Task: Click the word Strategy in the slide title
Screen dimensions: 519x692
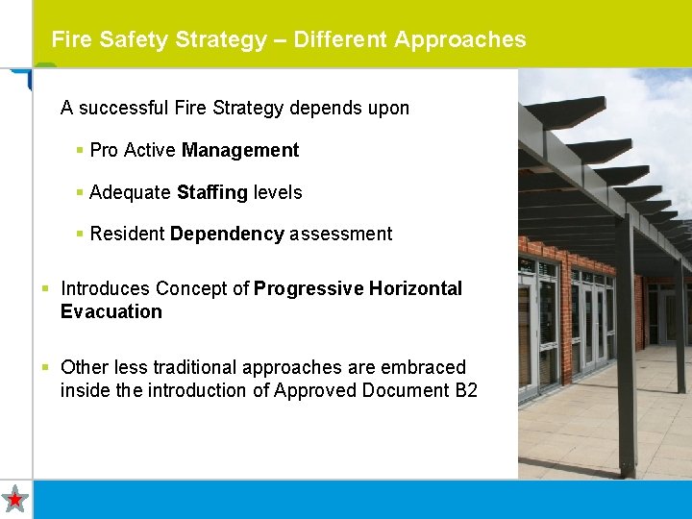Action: tap(223, 39)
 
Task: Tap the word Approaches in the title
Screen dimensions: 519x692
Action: tap(459, 39)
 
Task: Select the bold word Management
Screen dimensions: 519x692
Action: tap(240, 150)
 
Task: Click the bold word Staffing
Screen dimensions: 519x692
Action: tap(212, 192)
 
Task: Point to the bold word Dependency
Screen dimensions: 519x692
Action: tap(227, 234)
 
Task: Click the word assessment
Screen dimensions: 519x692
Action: tap(340, 234)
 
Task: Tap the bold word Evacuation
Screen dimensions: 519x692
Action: tap(111, 311)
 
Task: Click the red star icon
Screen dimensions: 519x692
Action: tap(15, 499)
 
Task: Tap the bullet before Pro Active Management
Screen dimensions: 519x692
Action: tap(80, 151)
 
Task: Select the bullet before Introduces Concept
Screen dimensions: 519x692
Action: tap(46, 288)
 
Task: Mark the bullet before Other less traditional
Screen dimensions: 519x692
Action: tap(46, 367)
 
